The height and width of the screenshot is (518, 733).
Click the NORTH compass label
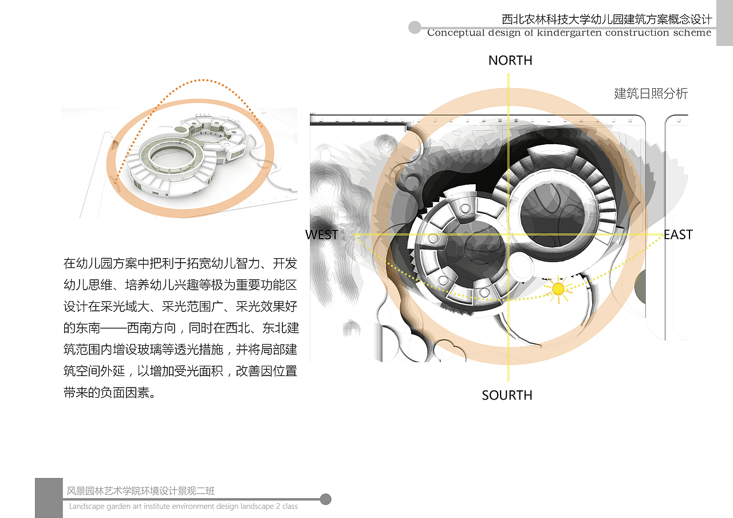tap(510, 61)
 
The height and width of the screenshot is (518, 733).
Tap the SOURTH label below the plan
tap(507, 396)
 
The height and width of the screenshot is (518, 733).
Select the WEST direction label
tap(322, 235)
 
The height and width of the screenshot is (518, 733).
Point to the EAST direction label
tap(678, 235)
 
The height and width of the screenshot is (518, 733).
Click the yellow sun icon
tap(558, 288)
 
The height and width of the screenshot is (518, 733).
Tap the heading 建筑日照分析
tap(651, 93)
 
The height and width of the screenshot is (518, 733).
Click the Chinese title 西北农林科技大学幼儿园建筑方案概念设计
tap(607, 19)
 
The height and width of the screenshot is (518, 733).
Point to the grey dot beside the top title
tap(415, 27)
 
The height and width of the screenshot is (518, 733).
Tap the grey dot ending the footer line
tap(325, 499)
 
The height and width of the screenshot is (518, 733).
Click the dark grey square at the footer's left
tap(49, 498)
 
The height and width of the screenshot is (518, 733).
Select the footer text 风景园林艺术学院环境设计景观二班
tap(141, 491)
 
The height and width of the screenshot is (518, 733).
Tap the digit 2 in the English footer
tap(278, 506)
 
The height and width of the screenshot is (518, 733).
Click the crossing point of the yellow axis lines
tap(508, 235)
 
